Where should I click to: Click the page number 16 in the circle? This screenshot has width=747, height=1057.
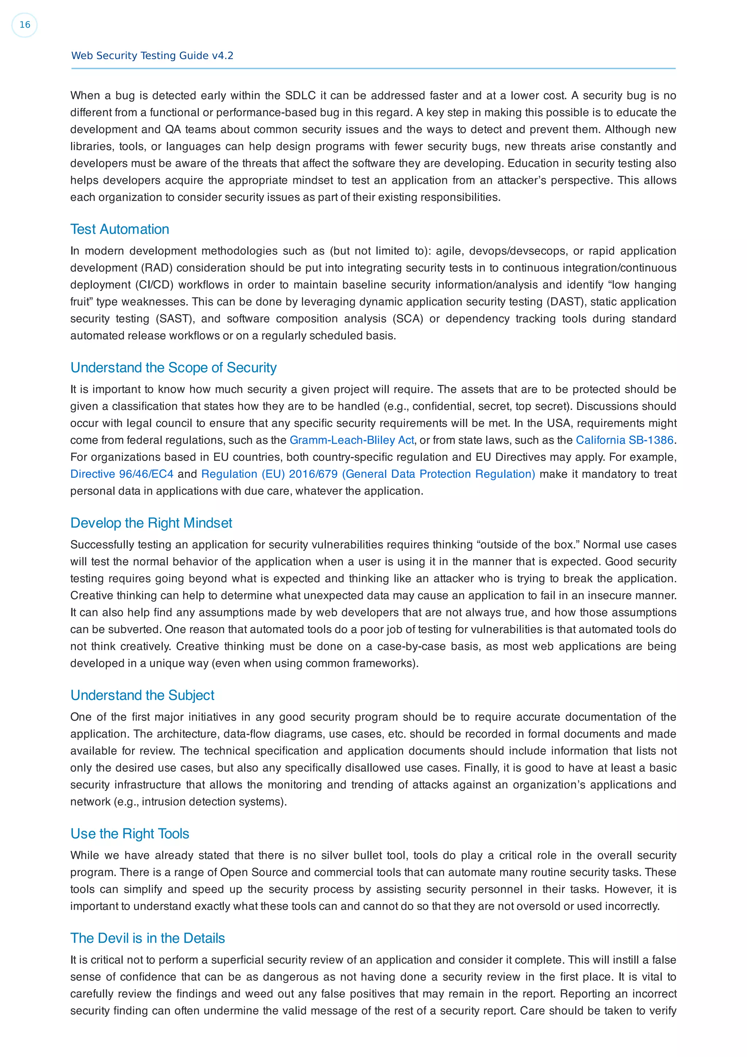click(x=24, y=25)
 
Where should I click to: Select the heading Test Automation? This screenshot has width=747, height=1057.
click(x=120, y=229)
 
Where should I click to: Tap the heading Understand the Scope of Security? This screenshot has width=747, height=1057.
click(x=174, y=367)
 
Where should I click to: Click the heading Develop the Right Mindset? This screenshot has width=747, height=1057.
click(x=151, y=523)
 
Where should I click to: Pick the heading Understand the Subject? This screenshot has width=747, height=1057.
click(x=142, y=695)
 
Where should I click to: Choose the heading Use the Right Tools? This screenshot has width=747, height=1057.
click(x=130, y=834)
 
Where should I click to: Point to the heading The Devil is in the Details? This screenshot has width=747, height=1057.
click(x=147, y=938)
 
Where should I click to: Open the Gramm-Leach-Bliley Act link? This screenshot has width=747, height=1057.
click(x=352, y=440)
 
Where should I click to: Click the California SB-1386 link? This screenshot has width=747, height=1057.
click(x=624, y=440)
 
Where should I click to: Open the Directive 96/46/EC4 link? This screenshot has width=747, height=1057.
click(x=122, y=474)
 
